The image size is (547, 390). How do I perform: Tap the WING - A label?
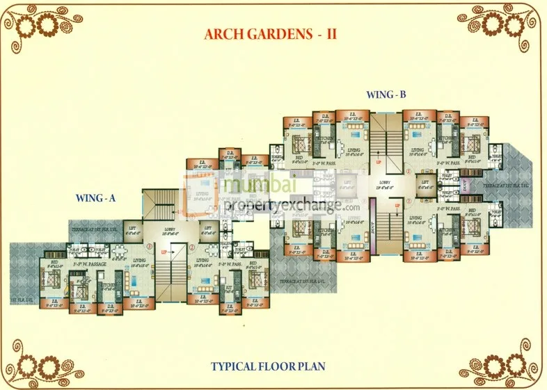[96, 198]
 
